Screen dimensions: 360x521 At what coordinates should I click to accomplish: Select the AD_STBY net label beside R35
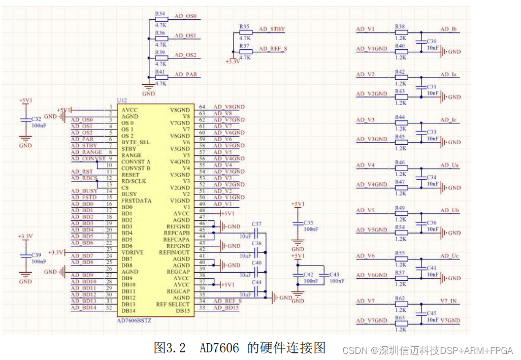[x=272, y=29]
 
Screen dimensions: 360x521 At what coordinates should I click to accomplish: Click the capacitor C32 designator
[x=36, y=119]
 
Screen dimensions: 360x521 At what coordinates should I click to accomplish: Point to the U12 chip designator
[x=122, y=101]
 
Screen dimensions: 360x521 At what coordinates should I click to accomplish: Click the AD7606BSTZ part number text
[x=135, y=321]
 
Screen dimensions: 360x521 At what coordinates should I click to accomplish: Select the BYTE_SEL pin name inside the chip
[x=136, y=142]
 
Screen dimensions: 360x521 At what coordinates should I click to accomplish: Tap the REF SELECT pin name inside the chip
[x=173, y=304]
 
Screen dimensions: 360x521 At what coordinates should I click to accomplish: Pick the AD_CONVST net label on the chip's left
[x=88, y=158]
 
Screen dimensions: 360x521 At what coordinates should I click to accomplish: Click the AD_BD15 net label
[x=225, y=308]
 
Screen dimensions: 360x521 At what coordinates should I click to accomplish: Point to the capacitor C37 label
[x=256, y=224]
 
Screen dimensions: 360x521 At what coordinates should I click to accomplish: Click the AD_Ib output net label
[x=449, y=29]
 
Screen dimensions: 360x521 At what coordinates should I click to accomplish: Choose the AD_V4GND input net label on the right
[x=372, y=184]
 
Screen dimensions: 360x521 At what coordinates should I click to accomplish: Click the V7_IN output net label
[x=449, y=301]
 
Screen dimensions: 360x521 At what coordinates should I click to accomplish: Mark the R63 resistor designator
[x=400, y=317]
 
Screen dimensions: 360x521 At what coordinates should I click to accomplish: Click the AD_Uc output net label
[x=449, y=256]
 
